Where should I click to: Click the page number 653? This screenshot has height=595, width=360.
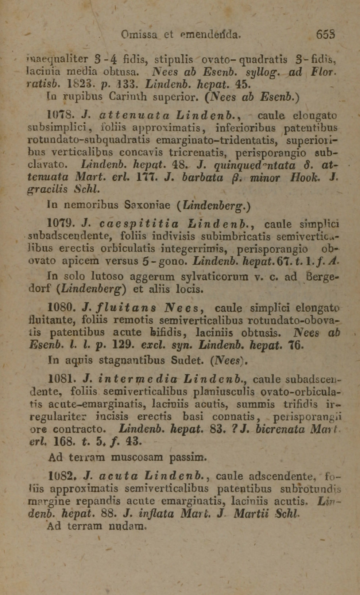325,35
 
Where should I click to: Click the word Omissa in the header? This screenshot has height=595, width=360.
139,35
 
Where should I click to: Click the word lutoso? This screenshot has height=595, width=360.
107,276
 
